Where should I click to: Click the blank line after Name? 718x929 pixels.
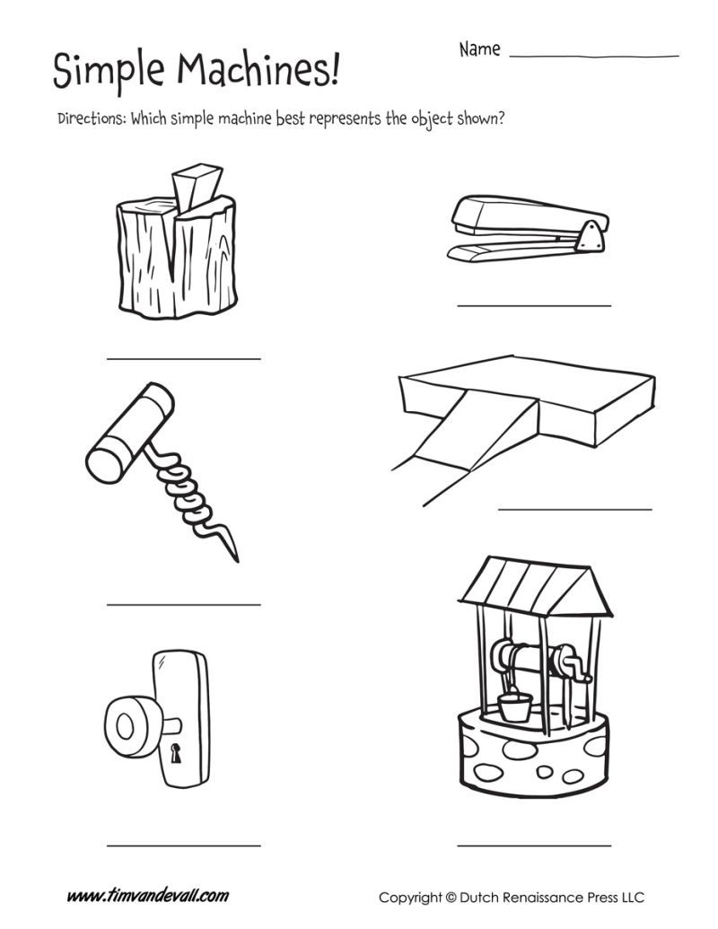(593, 56)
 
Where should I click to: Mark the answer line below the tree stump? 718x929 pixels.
(183, 358)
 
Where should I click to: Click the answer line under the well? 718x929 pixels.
(533, 845)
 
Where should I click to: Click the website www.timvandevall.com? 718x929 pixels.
(148, 896)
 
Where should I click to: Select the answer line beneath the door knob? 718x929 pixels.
(183, 845)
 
